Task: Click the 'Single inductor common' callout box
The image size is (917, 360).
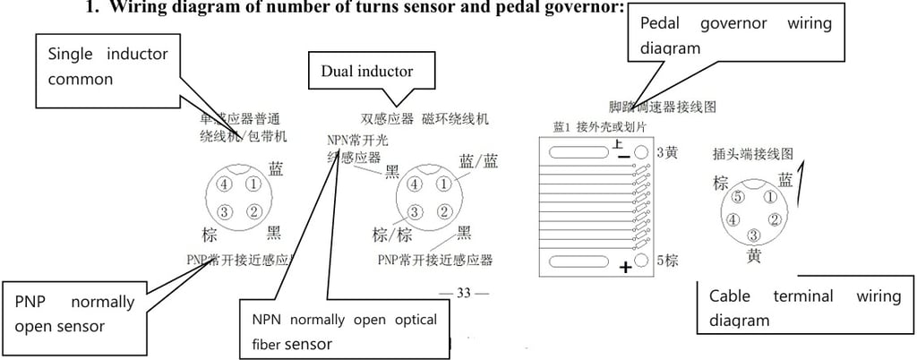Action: point(107,67)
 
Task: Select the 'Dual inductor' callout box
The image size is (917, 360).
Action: point(367,71)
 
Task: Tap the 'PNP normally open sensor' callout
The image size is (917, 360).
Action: point(74,313)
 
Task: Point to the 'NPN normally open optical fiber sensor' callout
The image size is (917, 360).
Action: point(344,330)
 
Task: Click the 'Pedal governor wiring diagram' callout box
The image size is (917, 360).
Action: point(734,35)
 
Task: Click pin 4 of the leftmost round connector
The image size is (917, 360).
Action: point(224,184)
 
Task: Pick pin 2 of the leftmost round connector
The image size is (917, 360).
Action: point(253,212)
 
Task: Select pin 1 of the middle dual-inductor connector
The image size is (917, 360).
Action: point(443,184)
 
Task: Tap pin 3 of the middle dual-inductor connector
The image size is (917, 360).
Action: point(414,212)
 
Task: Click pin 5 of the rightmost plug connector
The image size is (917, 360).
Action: point(738,197)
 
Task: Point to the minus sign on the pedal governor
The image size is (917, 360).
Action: point(624,157)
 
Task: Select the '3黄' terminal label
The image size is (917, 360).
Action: point(668,152)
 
